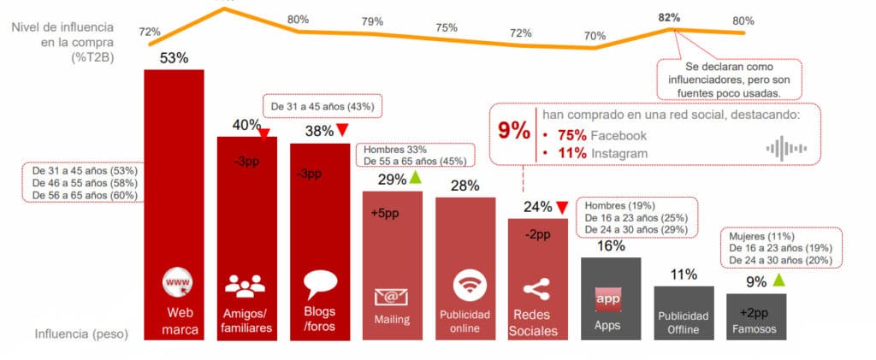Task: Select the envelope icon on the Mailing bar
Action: (391, 297)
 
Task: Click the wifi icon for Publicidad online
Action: (465, 282)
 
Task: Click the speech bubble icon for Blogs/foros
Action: (319, 284)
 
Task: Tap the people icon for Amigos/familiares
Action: (246, 285)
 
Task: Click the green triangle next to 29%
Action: (415, 178)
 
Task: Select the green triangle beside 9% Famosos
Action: (778, 280)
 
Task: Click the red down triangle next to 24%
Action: (561, 206)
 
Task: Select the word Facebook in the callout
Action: (619, 135)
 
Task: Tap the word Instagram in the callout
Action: (619, 153)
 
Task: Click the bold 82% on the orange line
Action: (669, 17)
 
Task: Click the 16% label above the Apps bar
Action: (611, 246)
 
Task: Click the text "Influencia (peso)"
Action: (81, 334)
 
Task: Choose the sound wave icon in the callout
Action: (785, 147)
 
